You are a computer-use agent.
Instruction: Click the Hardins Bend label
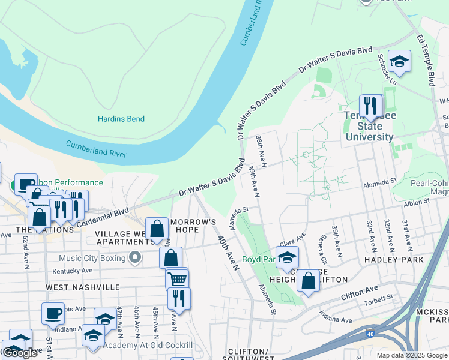click(x=121, y=119)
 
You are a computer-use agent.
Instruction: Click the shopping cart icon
click(x=177, y=279)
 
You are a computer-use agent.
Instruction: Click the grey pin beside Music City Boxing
click(x=135, y=258)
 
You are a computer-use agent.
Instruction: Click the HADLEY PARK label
click(x=394, y=260)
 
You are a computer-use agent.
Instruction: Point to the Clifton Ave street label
click(x=360, y=293)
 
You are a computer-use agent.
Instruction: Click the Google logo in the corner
click(x=20, y=352)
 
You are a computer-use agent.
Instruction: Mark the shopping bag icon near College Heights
click(x=308, y=281)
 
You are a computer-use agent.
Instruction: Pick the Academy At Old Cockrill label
click(x=148, y=345)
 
